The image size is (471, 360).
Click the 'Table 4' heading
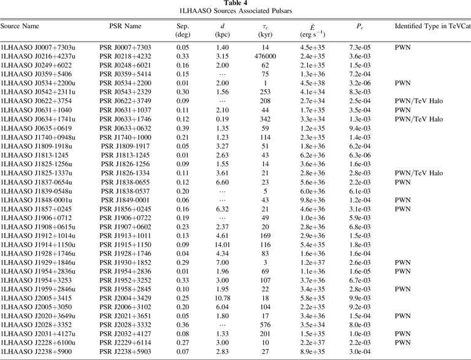235,4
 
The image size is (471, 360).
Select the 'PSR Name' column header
124,27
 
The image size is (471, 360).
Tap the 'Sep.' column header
182,27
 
